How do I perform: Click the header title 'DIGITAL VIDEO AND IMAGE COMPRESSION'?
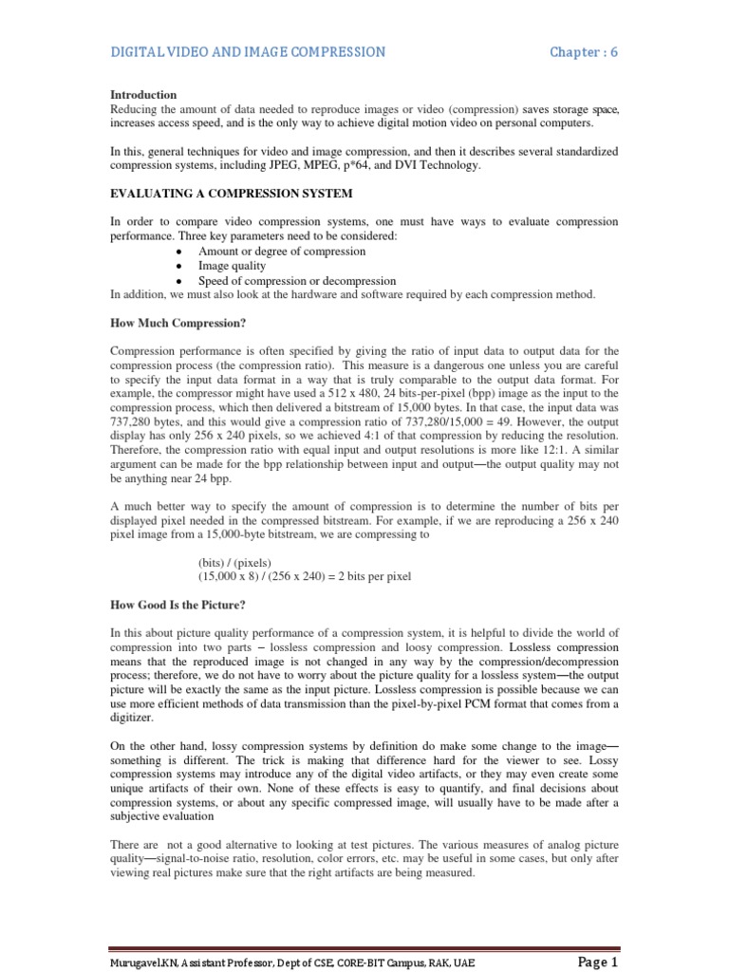click(x=248, y=52)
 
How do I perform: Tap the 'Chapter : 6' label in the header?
click(x=584, y=52)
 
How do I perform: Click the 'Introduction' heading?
click(x=143, y=95)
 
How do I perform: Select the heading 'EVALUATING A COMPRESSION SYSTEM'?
click(x=232, y=194)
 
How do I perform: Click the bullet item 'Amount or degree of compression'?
click(x=282, y=252)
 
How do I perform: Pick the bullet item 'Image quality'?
click(x=232, y=267)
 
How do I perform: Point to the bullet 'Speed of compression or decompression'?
click(x=297, y=282)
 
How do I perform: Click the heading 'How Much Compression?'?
click(x=178, y=323)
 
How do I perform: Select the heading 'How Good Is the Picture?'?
click(x=178, y=606)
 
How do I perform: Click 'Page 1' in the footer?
click(x=597, y=962)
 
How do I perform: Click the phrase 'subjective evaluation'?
click(x=162, y=816)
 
